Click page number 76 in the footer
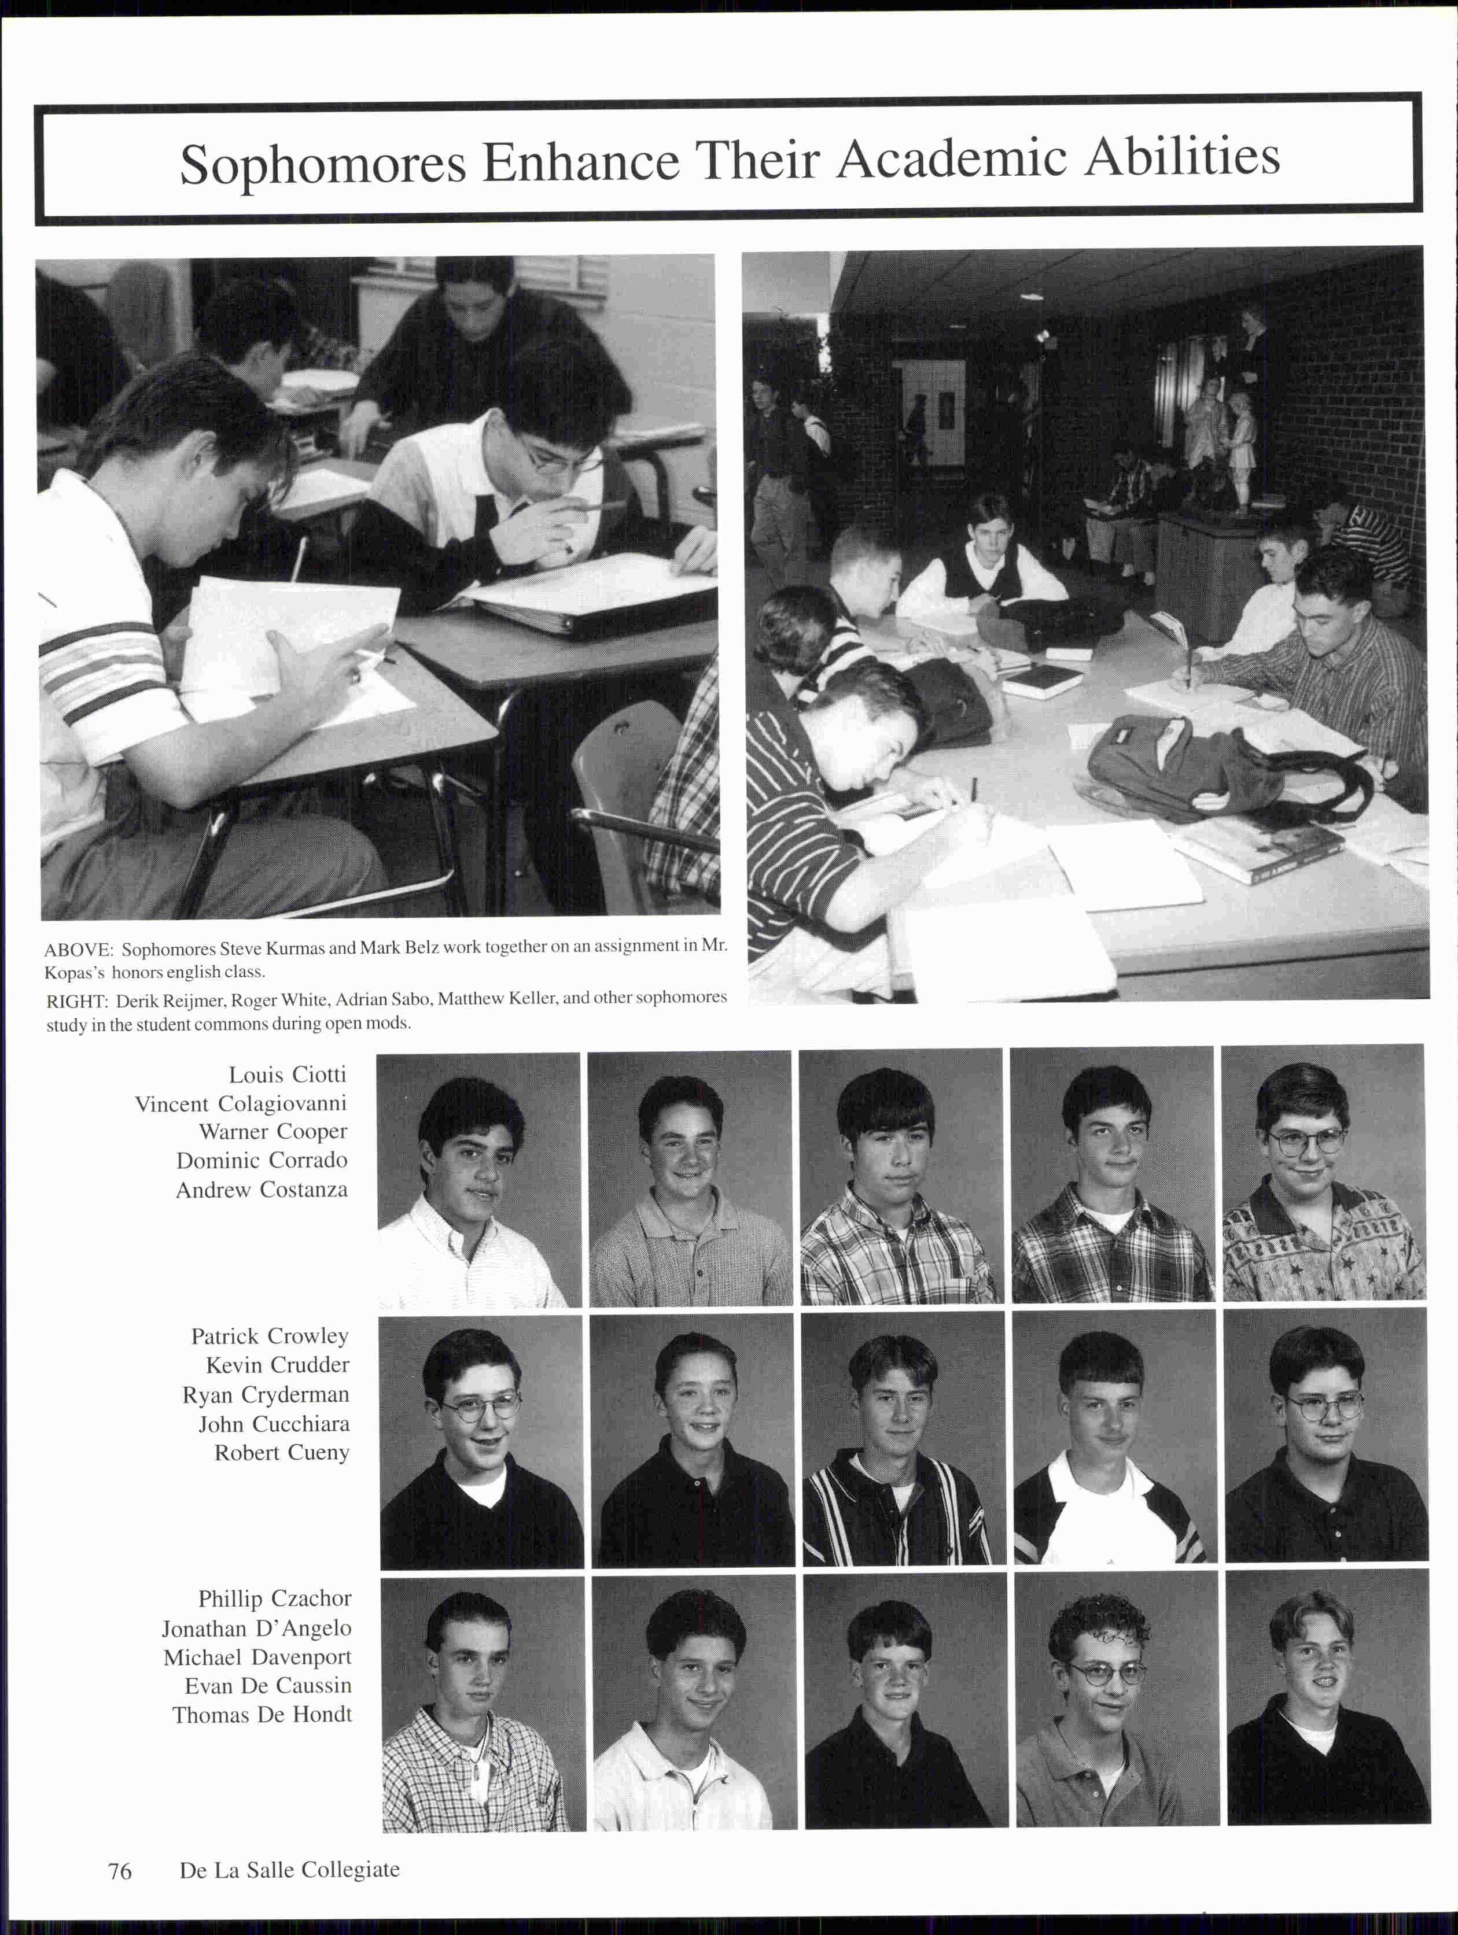point(120,1870)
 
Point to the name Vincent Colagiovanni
point(241,1103)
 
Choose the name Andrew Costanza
point(262,1190)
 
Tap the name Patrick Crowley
point(270,1336)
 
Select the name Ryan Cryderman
point(265,1394)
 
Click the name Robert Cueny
point(282,1452)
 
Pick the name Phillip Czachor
point(274,1598)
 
